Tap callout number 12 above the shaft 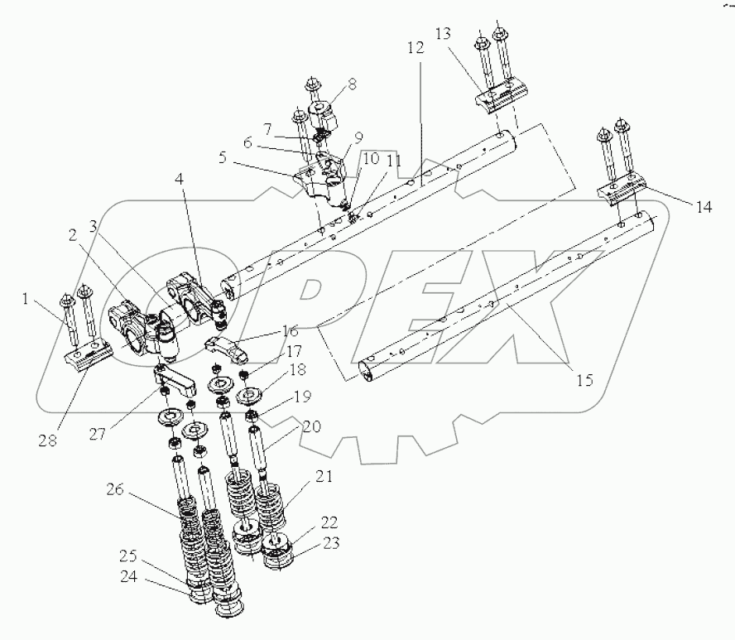[415, 48]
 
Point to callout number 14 [702, 208]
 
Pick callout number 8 [352, 84]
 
